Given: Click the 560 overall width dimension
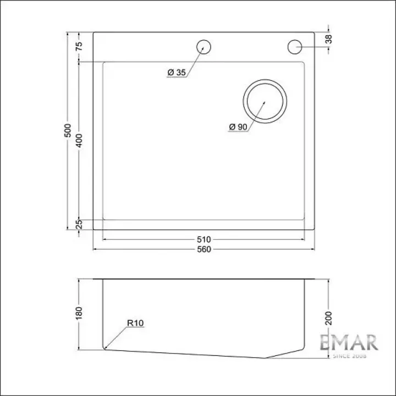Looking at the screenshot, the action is click(x=204, y=250).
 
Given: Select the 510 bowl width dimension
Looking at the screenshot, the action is click(x=204, y=239).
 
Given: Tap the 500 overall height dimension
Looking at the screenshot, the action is click(x=68, y=130).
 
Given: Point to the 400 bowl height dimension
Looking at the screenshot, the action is click(x=79, y=141).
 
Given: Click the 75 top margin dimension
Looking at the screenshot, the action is click(x=79, y=46).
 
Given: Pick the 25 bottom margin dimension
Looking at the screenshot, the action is click(x=79, y=224).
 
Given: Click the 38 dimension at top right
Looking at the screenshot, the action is click(x=328, y=39).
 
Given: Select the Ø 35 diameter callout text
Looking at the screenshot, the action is click(x=177, y=73).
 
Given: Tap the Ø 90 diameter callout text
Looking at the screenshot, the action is click(x=238, y=127).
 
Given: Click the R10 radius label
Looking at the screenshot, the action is click(x=135, y=323).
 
